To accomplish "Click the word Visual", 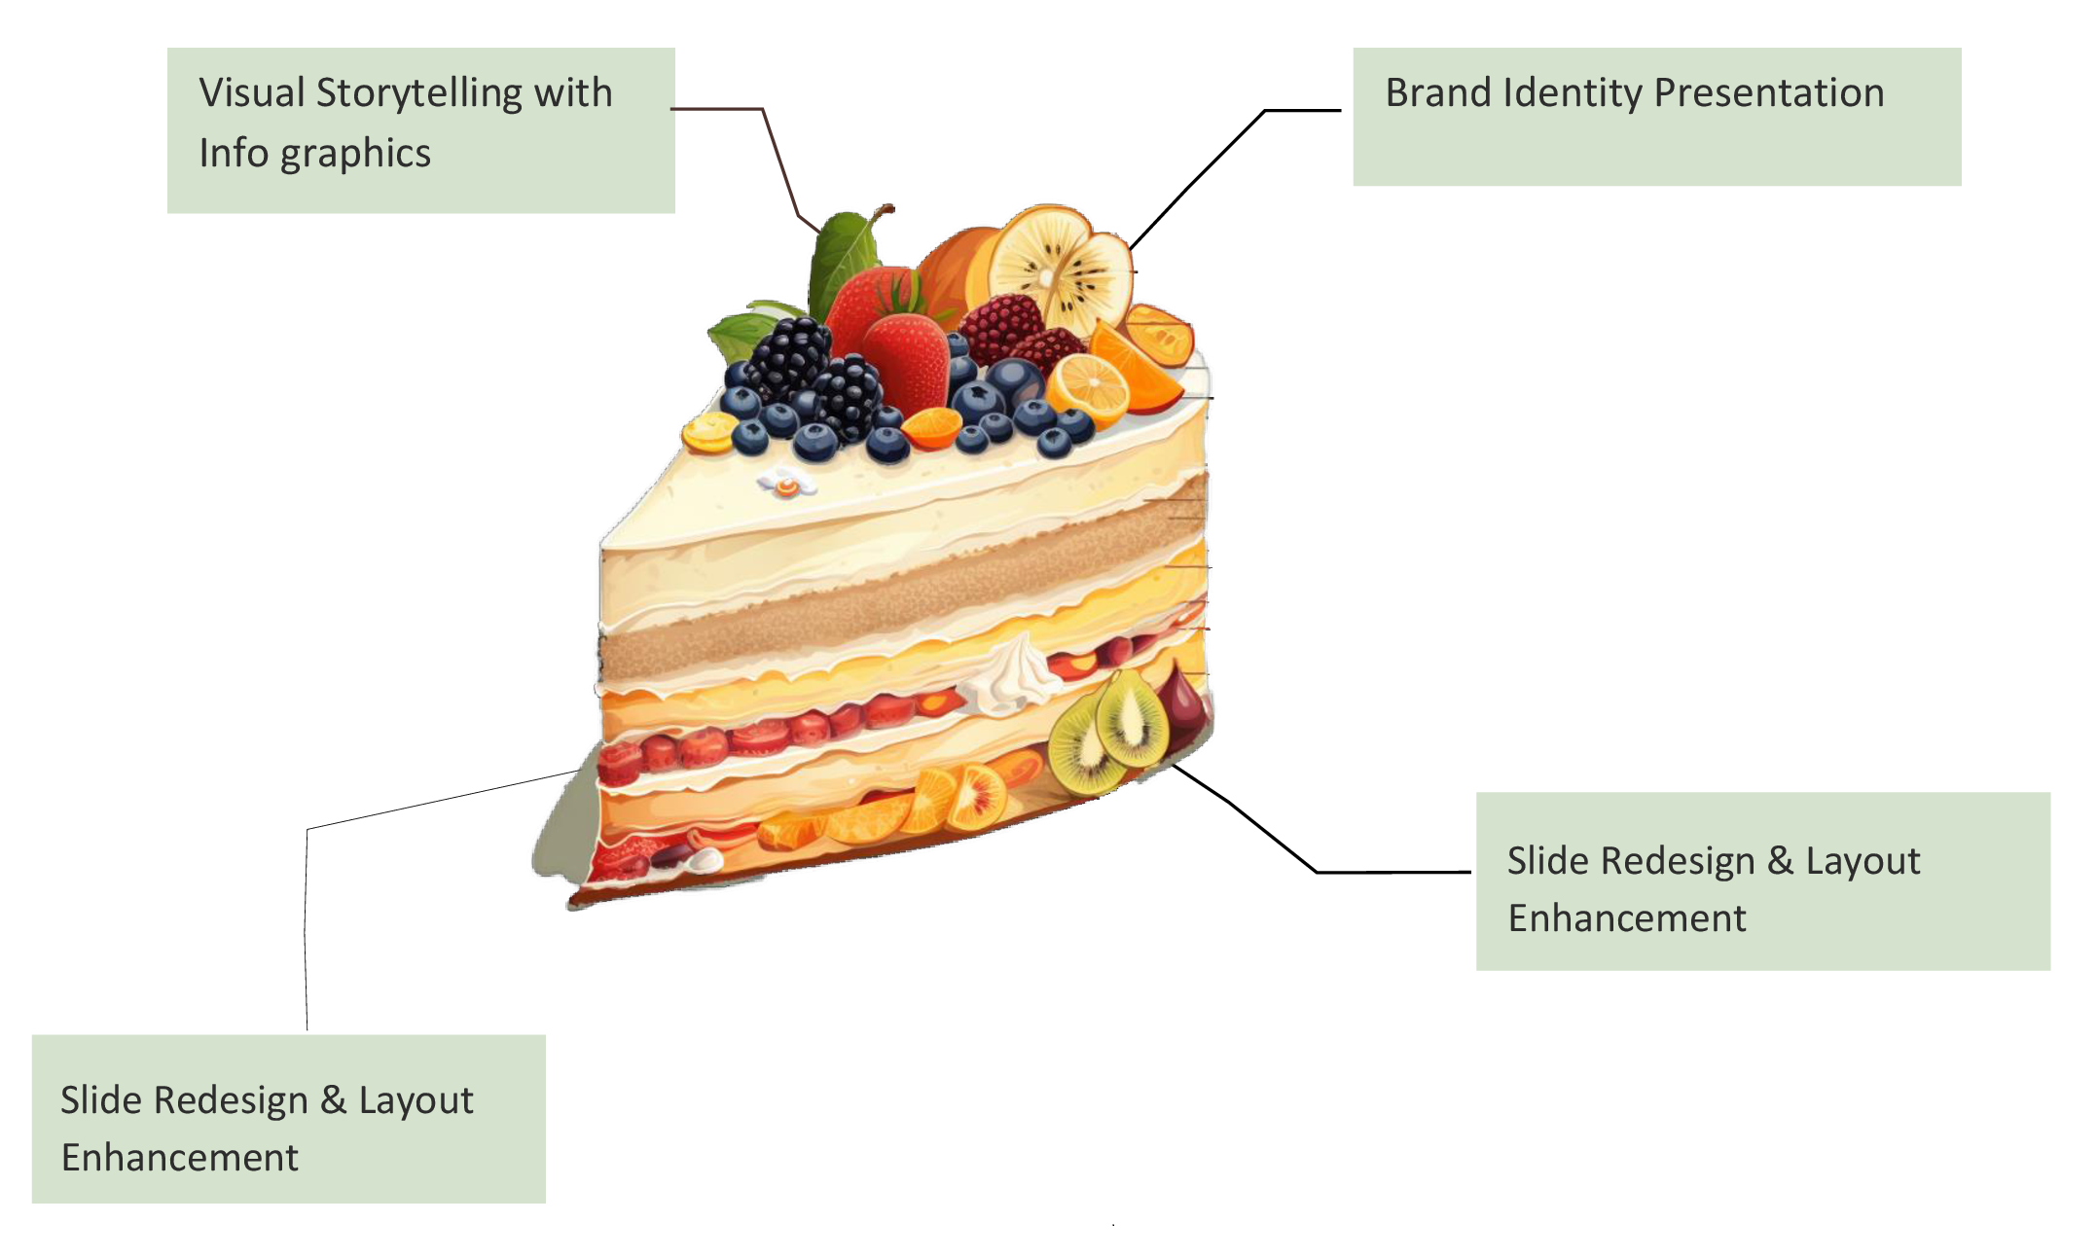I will click(x=252, y=93).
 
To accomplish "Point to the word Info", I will click(x=233, y=154).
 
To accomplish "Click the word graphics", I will click(x=355, y=154).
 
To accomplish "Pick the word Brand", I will click(x=1438, y=93).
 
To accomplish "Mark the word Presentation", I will click(x=1768, y=93).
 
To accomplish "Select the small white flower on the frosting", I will click(x=785, y=482).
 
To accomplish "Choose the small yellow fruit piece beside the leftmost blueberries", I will click(x=707, y=432).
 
